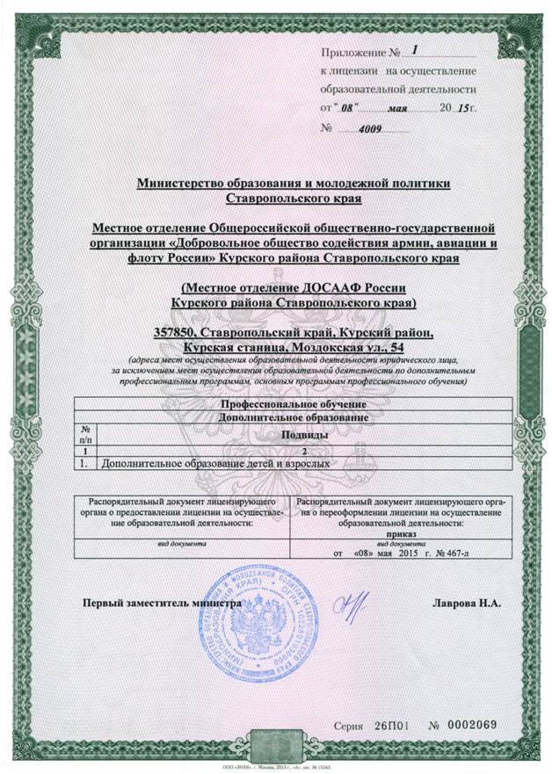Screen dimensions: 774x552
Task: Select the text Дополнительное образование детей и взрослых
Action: [214, 461]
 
